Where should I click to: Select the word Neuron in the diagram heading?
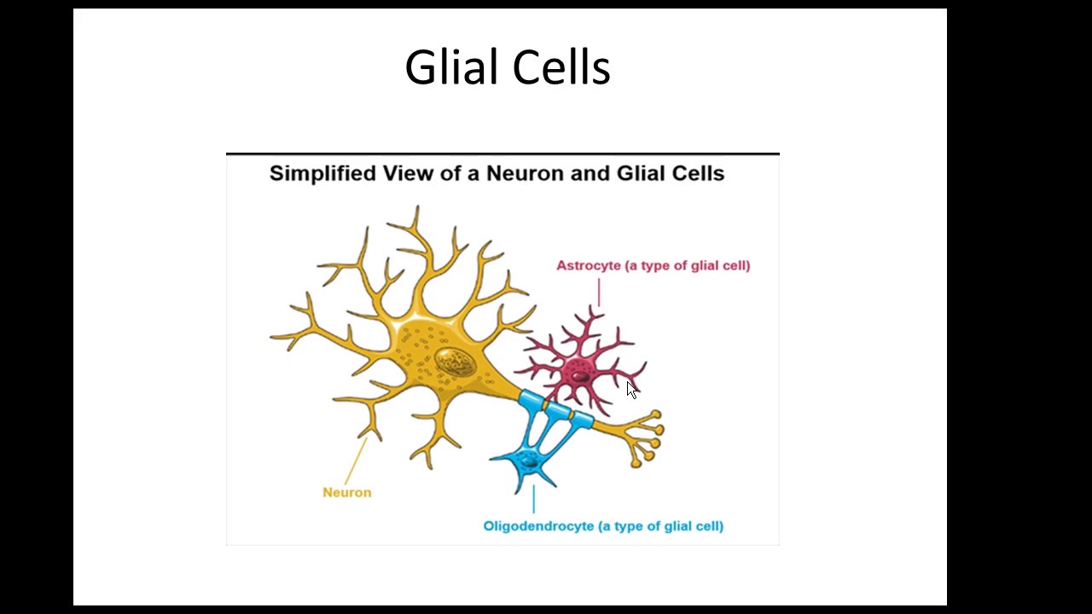tap(525, 173)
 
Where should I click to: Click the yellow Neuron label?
tap(346, 492)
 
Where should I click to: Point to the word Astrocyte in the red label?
tap(589, 265)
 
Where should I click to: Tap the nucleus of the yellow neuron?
tap(454, 362)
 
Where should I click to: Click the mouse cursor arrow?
tap(631, 390)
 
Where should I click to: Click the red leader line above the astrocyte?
tap(599, 292)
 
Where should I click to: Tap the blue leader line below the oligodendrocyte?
tap(534, 499)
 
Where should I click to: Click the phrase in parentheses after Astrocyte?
tap(688, 265)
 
